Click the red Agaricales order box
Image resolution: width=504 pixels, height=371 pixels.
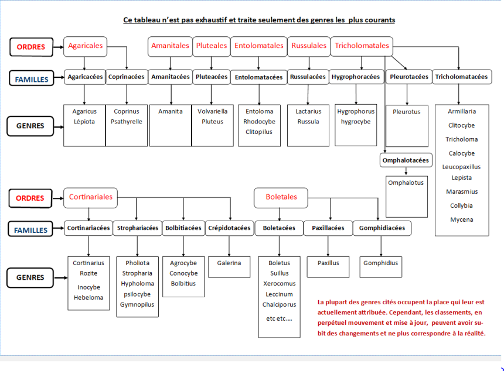coord(85,47)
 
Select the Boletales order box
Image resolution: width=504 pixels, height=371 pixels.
coord(281,198)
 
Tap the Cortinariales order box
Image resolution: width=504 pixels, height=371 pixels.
coord(90,198)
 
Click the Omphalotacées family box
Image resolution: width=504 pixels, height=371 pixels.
coord(406,160)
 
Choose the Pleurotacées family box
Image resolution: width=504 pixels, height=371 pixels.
coord(409,77)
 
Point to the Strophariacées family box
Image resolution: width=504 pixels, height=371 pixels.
coord(138,228)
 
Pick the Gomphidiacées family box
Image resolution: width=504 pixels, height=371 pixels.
coord(382,228)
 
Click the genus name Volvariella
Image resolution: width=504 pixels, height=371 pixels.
coord(213,111)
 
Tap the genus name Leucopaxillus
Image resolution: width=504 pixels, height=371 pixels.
coord(461,167)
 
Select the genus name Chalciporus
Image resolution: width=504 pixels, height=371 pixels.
coord(279,304)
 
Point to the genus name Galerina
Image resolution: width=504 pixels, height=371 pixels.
coord(229,263)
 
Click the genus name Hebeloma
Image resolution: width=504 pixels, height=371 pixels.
coord(88,297)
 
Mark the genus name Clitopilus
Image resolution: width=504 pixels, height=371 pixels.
coord(259,132)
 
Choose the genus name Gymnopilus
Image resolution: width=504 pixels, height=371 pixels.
coord(137,304)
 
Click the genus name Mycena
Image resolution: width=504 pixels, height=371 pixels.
coord(462,220)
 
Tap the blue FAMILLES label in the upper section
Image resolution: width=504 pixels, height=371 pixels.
coord(31,79)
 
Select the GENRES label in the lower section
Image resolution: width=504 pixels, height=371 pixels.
coord(30,277)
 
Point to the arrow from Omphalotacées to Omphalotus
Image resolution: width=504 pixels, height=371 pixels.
coord(406,171)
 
